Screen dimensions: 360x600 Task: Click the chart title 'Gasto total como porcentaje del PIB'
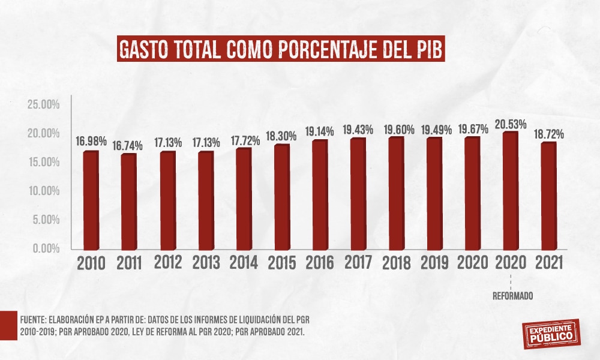281,50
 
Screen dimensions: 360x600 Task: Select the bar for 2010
91,201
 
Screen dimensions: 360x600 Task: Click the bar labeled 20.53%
510,191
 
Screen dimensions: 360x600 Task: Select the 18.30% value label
281,136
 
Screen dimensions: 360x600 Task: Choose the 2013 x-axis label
205,263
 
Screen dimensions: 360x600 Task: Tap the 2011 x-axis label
129,263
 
